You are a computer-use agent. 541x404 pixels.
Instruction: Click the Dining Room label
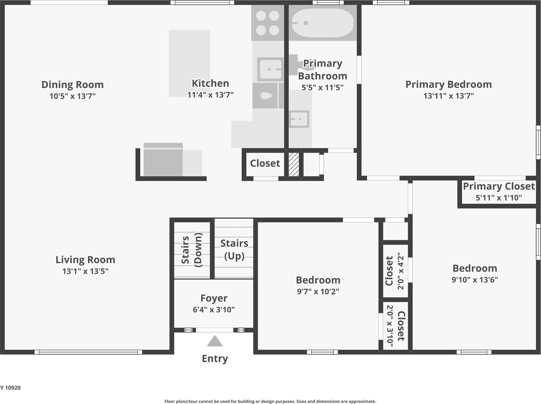tap(72, 85)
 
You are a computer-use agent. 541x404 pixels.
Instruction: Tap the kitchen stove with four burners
tap(268, 23)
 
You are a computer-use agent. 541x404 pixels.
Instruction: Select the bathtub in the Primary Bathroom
tap(323, 23)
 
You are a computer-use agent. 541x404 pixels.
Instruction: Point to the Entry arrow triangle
tap(215, 341)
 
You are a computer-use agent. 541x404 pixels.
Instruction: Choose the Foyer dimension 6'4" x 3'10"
tap(214, 310)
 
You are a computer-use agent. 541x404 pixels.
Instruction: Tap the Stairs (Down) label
tap(192, 250)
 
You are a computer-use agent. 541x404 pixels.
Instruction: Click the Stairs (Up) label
tap(234, 250)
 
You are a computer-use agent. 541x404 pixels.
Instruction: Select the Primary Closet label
tap(499, 186)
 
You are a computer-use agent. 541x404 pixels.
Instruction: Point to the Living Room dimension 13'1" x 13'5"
tap(85, 271)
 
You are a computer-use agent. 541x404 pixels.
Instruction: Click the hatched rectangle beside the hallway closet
tap(294, 164)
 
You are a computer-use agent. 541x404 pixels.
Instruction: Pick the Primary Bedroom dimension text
tap(449, 96)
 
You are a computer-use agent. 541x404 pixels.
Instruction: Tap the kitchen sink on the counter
tap(270, 69)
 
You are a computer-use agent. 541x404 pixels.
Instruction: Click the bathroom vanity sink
tap(299, 119)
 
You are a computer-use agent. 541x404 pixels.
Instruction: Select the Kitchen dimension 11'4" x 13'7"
tap(210, 95)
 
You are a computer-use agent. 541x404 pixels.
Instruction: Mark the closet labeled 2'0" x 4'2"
tap(395, 271)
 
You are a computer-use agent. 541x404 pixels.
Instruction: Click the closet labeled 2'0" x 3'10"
tap(395, 326)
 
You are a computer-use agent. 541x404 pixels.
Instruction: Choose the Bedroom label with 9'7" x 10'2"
tap(318, 280)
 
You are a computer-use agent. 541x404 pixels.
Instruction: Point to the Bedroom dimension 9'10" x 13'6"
tap(475, 280)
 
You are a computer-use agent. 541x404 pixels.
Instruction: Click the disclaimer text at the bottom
tap(270, 402)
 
